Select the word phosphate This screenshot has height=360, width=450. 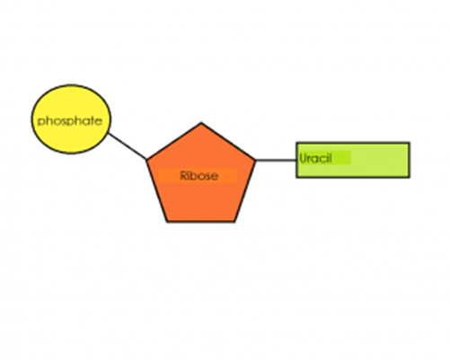coord(69,120)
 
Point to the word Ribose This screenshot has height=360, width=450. coord(199,176)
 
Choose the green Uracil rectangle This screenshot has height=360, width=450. coord(377,160)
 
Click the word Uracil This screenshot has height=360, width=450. coord(317,158)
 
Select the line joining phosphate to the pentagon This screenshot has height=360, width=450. coord(127,146)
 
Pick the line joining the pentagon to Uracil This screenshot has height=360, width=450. coord(276,160)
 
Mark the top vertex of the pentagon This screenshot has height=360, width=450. coord(201,123)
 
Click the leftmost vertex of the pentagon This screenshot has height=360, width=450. coord(146,160)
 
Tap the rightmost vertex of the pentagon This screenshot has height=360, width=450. coord(256,160)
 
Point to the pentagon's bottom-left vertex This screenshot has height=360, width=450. coord(167,221)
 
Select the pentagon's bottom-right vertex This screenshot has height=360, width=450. coord(235,221)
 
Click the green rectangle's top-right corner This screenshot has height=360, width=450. coord(410,143)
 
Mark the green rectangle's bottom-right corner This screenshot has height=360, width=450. coord(410,178)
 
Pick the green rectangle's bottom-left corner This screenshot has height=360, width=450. coord(297,178)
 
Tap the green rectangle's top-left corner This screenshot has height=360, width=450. coord(297,143)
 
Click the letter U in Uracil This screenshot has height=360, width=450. coord(304,158)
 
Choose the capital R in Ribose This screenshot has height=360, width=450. coord(183,176)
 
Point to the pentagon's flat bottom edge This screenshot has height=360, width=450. coord(201,221)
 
